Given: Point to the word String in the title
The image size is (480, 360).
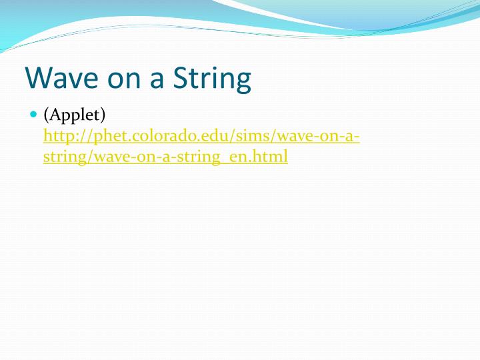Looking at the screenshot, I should (x=212, y=78).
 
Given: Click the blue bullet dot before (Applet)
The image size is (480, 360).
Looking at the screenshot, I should (x=34, y=115).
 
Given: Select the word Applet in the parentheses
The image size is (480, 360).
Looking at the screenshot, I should (x=74, y=115).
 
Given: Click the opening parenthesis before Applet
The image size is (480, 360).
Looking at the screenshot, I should (x=46, y=115).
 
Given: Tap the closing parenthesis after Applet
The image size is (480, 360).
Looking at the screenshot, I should (x=103, y=115).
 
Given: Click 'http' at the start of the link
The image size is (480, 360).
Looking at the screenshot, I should (x=57, y=137).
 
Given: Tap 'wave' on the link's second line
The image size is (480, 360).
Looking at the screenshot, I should (x=101, y=158).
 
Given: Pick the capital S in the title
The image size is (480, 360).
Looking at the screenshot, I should (x=182, y=78).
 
